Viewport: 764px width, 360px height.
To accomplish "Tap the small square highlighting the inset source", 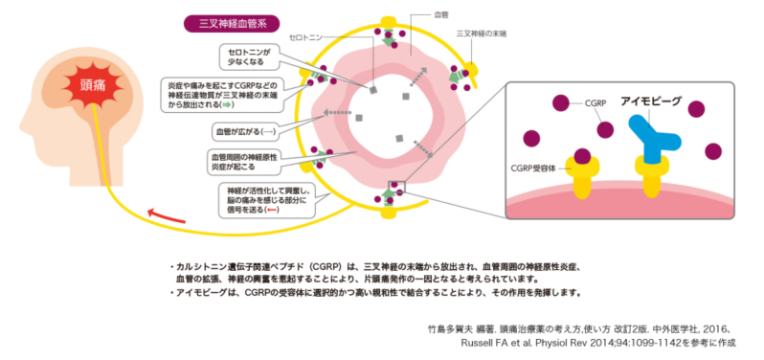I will pos(394,190).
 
